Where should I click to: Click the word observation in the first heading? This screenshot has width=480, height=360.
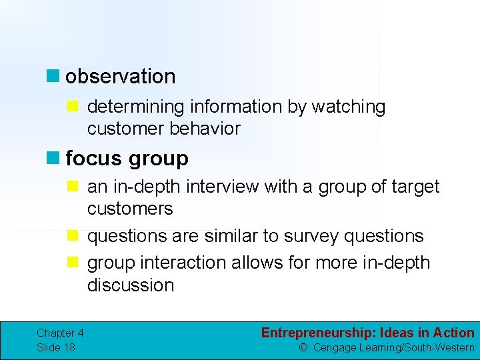121,77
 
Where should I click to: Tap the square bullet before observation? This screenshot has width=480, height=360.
53,77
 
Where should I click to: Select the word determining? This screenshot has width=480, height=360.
137,107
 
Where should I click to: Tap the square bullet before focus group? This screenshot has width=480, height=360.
53,159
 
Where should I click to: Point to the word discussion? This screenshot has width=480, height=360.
131,285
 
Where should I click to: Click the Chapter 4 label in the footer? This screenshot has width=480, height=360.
60,333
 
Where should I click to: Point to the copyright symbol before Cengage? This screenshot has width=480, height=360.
303,348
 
